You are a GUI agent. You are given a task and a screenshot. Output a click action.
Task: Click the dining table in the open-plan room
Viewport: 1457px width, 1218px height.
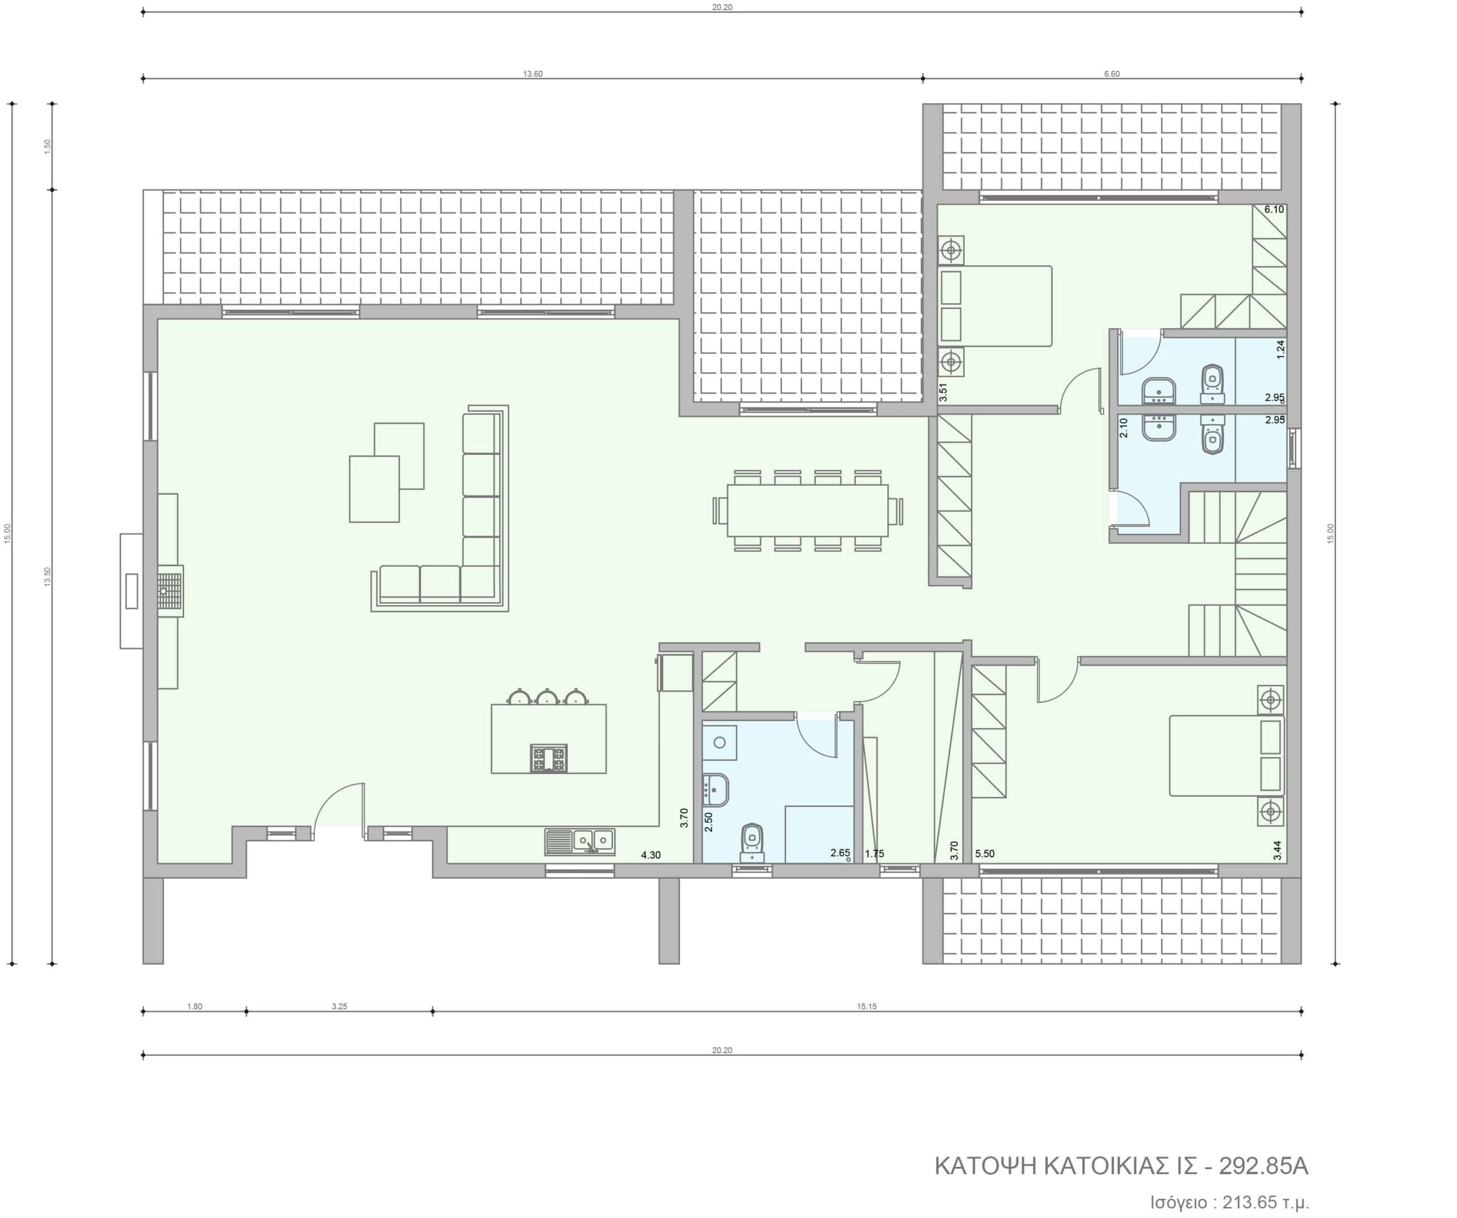808,510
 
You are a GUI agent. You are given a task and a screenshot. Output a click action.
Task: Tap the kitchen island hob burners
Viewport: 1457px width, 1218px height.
549,758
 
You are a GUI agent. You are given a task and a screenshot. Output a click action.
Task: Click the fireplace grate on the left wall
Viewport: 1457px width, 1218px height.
170,591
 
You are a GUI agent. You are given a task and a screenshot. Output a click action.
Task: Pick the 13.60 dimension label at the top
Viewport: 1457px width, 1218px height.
533,74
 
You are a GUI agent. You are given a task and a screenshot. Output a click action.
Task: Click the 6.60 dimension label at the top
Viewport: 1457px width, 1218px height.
1112,74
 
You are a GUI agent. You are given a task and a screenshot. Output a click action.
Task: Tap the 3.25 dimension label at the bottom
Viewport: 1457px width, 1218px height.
339,1006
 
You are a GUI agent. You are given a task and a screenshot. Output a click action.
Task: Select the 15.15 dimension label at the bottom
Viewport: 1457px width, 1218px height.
867,1006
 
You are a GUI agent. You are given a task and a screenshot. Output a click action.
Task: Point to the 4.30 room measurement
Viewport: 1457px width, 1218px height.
651,855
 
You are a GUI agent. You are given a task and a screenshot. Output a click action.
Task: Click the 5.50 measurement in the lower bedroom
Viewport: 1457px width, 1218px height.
985,854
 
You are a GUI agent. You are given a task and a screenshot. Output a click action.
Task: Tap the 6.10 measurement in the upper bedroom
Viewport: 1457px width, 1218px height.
1274,209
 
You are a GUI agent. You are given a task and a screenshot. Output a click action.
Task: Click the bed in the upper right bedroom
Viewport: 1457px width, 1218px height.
995,306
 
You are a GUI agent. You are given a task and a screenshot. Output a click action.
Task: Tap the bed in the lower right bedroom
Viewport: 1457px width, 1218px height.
1226,756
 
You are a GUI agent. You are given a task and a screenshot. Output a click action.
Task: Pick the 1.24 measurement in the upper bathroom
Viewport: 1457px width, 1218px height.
1281,348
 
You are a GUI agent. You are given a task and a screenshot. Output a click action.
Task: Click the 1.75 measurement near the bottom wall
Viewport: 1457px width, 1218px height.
874,854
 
